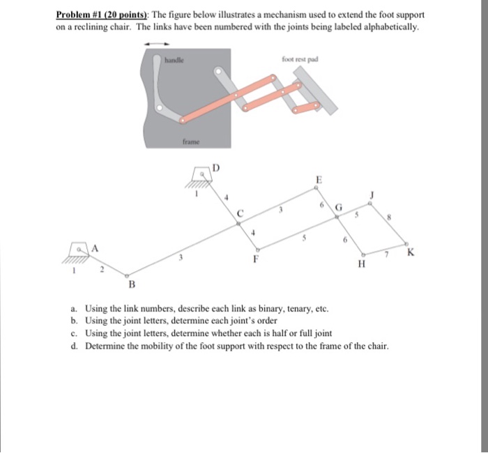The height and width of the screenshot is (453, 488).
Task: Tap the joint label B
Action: [x=130, y=284]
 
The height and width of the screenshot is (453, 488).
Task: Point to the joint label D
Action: [x=215, y=167]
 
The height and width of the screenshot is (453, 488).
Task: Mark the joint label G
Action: [x=340, y=207]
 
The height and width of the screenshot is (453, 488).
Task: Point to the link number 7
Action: [x=383, y=256]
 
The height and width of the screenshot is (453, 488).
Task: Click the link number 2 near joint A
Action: [x=100, y=269]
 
